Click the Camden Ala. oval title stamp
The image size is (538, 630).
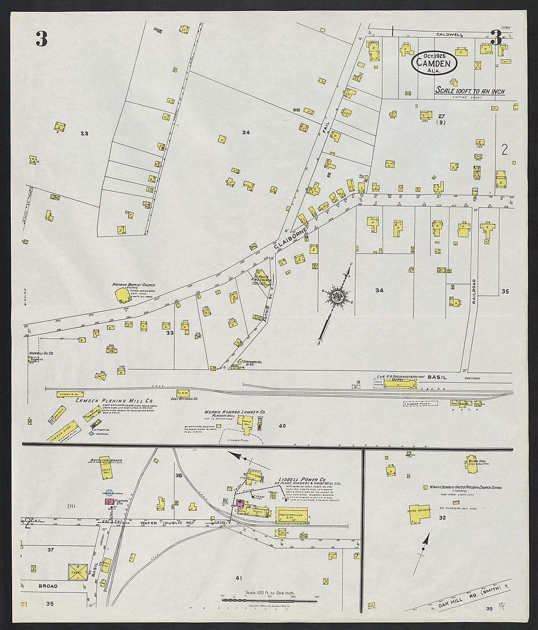pyautogui.click(x=434, y=63)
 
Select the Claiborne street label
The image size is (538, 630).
pyautogui.click(x=291, y=238)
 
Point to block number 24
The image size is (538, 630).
pyautogui.click(x=246, y=132)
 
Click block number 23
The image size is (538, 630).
pyautogui.click(x=84, y=133)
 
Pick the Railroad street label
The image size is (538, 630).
pyautogui.click(x=474, y=292)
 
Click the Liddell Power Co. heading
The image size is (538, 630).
pyautogui.click(x=302, y=479)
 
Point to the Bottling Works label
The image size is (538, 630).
pyautogui.click(x=106, y=460)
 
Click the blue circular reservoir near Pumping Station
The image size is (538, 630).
pyautogui.click(x=109, y=493)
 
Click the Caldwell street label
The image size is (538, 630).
pyautogui.click(x=449, y=35)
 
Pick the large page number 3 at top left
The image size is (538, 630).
pyautogui.click(x=42, y=39)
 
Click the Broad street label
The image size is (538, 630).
pyautogui.click(x=48, y=586)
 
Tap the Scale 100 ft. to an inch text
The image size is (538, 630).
pyautogui.click(x=470, y=91)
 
